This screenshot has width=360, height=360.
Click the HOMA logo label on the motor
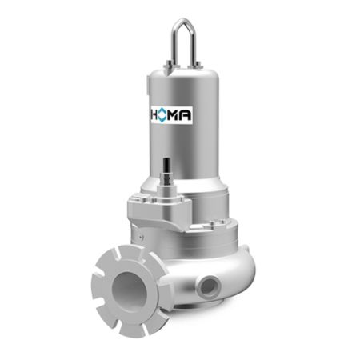tap(172, 115)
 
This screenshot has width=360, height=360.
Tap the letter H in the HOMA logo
tap(154, 115)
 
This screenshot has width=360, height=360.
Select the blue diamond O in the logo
tap(162, 115)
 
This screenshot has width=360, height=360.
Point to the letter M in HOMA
tap(173, 115)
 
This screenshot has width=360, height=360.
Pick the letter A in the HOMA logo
tap(186, 115)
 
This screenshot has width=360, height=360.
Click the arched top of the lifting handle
tap(184, 22)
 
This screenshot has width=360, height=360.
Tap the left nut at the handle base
tap(169, 64)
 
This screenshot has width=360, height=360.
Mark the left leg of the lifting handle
tap(174, 45)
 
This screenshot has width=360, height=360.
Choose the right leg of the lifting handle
tap(194, 45)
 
